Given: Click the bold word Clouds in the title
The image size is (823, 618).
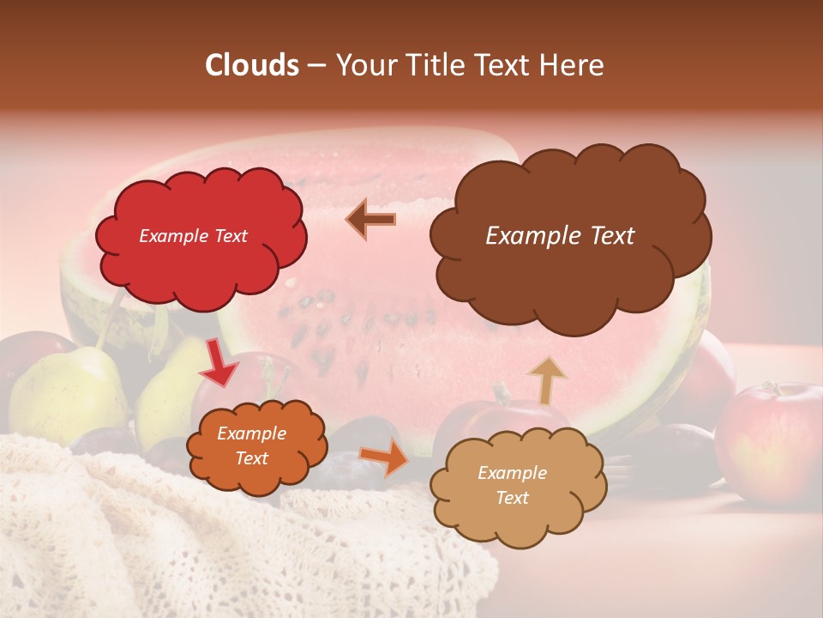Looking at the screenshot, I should click(x=252, y=65).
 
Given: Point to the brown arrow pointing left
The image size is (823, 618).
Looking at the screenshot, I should click(x=370, y=220).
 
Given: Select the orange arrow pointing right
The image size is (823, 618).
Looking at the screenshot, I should click(x=384, y=457).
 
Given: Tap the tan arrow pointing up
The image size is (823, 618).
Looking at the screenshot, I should click(x=546, y=379).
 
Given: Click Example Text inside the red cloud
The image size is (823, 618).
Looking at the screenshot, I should click(x=193, y=236).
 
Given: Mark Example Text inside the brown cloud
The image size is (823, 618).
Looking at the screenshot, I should click(x=560, y=236).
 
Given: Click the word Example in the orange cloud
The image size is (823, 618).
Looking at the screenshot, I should click(x=251, y=433).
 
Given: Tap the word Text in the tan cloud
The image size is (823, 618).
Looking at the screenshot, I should click(x=512, y=498).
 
